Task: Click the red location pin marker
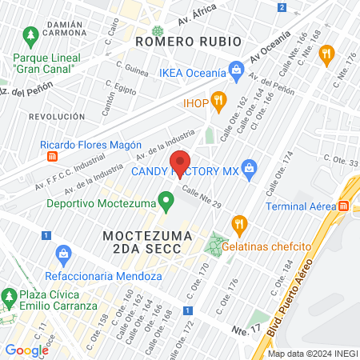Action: pyautogui.click(x=180, y=163)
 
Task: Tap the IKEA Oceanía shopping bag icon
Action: pyautogui.click(x=236, y=72)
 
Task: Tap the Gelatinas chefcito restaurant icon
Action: pyautogui.click(x=238, y=223)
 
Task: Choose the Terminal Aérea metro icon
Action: pyautogui.click(x=343, y=206)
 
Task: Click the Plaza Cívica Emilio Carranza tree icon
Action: pyautogui.click(x=9, y=298)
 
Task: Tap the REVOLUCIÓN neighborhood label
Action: pyautogui.click(x=57, y=116)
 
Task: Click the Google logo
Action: pyautogui.click(x=27, y=350)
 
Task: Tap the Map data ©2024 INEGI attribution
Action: pyautogui.click(x=312, y=354)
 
